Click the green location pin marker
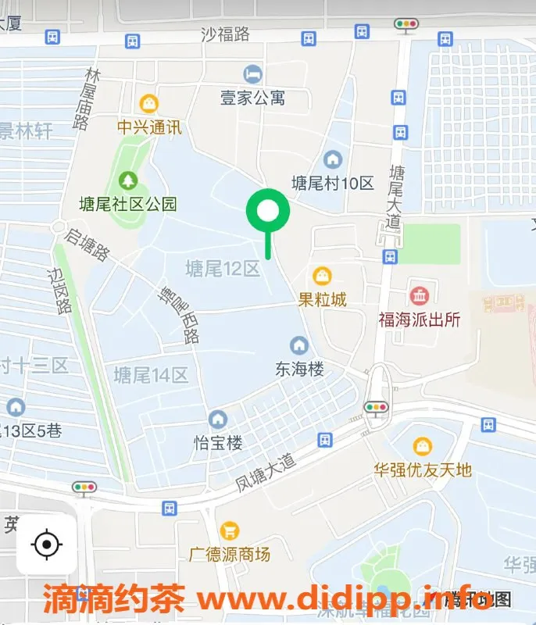tap(268, 212)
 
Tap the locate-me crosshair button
tap(47, 544)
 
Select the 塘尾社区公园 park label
tap(128, 205)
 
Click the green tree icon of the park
tap(127, 181)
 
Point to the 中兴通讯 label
tap(148, 127)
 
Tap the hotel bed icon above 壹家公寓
tap(252, 74)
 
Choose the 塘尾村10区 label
tap(333, 184)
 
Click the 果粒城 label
tap(322, 299)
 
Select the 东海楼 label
tap(299, 369)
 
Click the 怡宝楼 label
tap(218, 443)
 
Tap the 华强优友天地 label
tap(423, 470)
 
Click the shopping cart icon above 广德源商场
tap(230, 531)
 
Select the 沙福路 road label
tap(225, 34)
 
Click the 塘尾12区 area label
tap(222, 270)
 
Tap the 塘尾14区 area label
tap(151, 376)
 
